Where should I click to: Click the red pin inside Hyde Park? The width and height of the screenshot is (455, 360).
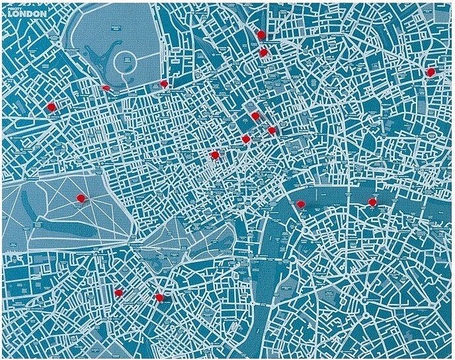(81, 197)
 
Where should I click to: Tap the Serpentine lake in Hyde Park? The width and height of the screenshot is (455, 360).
(73, 228)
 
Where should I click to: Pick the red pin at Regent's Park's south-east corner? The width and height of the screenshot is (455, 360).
(163, 84)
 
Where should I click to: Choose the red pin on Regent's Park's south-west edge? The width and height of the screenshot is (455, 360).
(106, 87)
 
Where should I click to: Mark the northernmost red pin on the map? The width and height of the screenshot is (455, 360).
(261, 35)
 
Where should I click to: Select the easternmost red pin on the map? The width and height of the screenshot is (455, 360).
(431, 71)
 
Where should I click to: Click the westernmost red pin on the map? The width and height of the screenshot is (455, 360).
(51, 106)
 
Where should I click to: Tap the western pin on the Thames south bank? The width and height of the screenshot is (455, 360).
(300, 204)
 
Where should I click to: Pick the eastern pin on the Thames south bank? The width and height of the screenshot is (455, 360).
(372, 202)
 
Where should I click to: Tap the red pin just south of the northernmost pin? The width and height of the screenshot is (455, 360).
(263, 52)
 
